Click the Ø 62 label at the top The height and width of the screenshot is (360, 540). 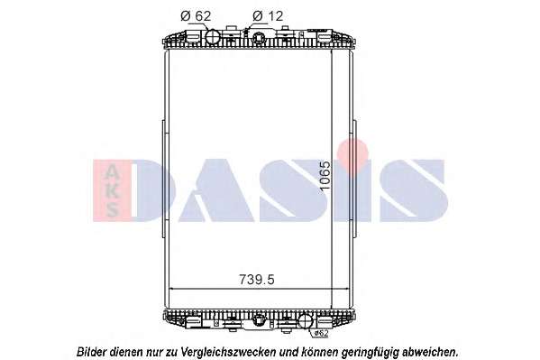[x=196, y=16]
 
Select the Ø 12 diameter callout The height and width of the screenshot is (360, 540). [x=268, y=16]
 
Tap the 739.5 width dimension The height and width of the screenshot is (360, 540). [x=257, y=280]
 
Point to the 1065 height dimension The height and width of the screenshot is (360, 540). [x=325, y=176]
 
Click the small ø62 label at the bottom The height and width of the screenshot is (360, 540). [x=321, y=334]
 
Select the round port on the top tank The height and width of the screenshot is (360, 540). [x=213, y=36]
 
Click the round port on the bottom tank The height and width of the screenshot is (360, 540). [x=305, y=321]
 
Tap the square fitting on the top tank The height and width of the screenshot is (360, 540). [x=259, y=37]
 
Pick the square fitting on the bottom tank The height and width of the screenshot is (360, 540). [x=258, y=320]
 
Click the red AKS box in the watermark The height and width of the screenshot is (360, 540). [x=112, y=190]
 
